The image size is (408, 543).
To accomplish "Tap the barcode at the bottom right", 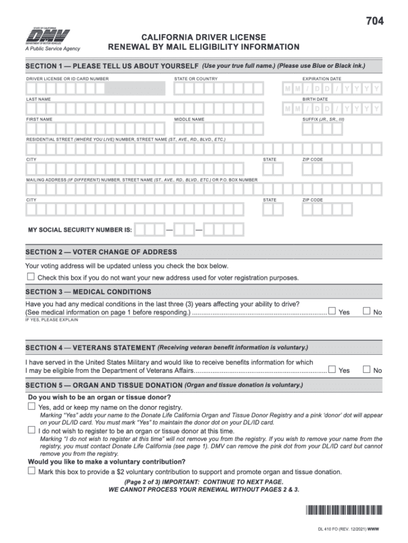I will (x=343, y=511).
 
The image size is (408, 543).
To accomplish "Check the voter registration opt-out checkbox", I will (x=31, y=277).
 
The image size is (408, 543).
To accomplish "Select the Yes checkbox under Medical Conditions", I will (x=332, y=311).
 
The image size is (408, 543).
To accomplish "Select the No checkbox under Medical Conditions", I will (x=366, y=311).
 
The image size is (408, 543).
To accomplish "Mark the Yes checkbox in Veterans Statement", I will (x=332, y=369).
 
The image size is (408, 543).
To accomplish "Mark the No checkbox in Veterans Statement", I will (x=366, y=369).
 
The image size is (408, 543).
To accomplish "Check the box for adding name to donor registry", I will (x=31, y=406).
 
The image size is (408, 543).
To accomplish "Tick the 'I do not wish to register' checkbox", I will (x=31, y=431).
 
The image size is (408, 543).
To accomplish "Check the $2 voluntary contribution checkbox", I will (x=31, y=471).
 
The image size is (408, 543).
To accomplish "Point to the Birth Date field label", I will (x=315, y=99).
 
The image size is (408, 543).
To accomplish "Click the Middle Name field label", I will (x=189, y=119).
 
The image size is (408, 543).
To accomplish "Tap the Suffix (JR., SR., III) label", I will (x=323, y=119).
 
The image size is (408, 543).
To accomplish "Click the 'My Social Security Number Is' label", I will (x=80, y=230).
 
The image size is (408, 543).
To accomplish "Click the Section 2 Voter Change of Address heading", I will (x=101, y=252).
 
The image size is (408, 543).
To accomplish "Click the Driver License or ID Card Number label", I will (x=67, y=79).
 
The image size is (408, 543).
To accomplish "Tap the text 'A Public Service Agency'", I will (x=53, y=49).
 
